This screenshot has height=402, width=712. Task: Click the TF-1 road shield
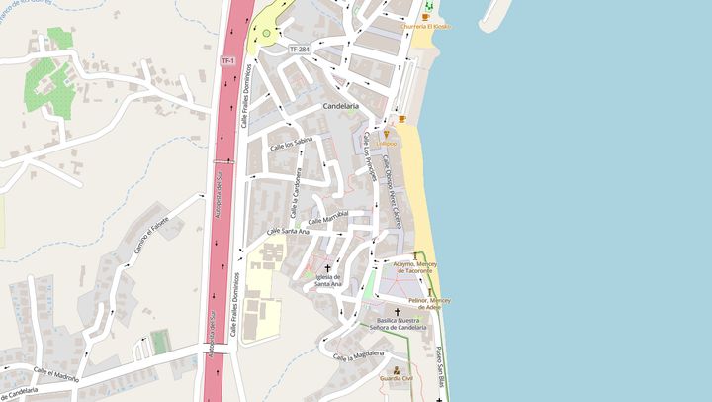tap(227, 61)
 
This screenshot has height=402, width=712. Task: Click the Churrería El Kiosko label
tap(426, 27)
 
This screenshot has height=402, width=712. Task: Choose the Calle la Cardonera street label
tap(295, 193)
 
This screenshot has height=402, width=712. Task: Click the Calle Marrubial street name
tap(330, 217)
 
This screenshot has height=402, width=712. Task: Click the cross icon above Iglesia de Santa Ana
tap(327, 267)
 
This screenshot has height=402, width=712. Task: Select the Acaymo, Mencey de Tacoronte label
tap(414, 268)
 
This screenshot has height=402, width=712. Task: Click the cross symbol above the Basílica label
tap(399, 312)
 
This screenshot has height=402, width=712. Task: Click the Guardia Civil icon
tap(397, 370)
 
